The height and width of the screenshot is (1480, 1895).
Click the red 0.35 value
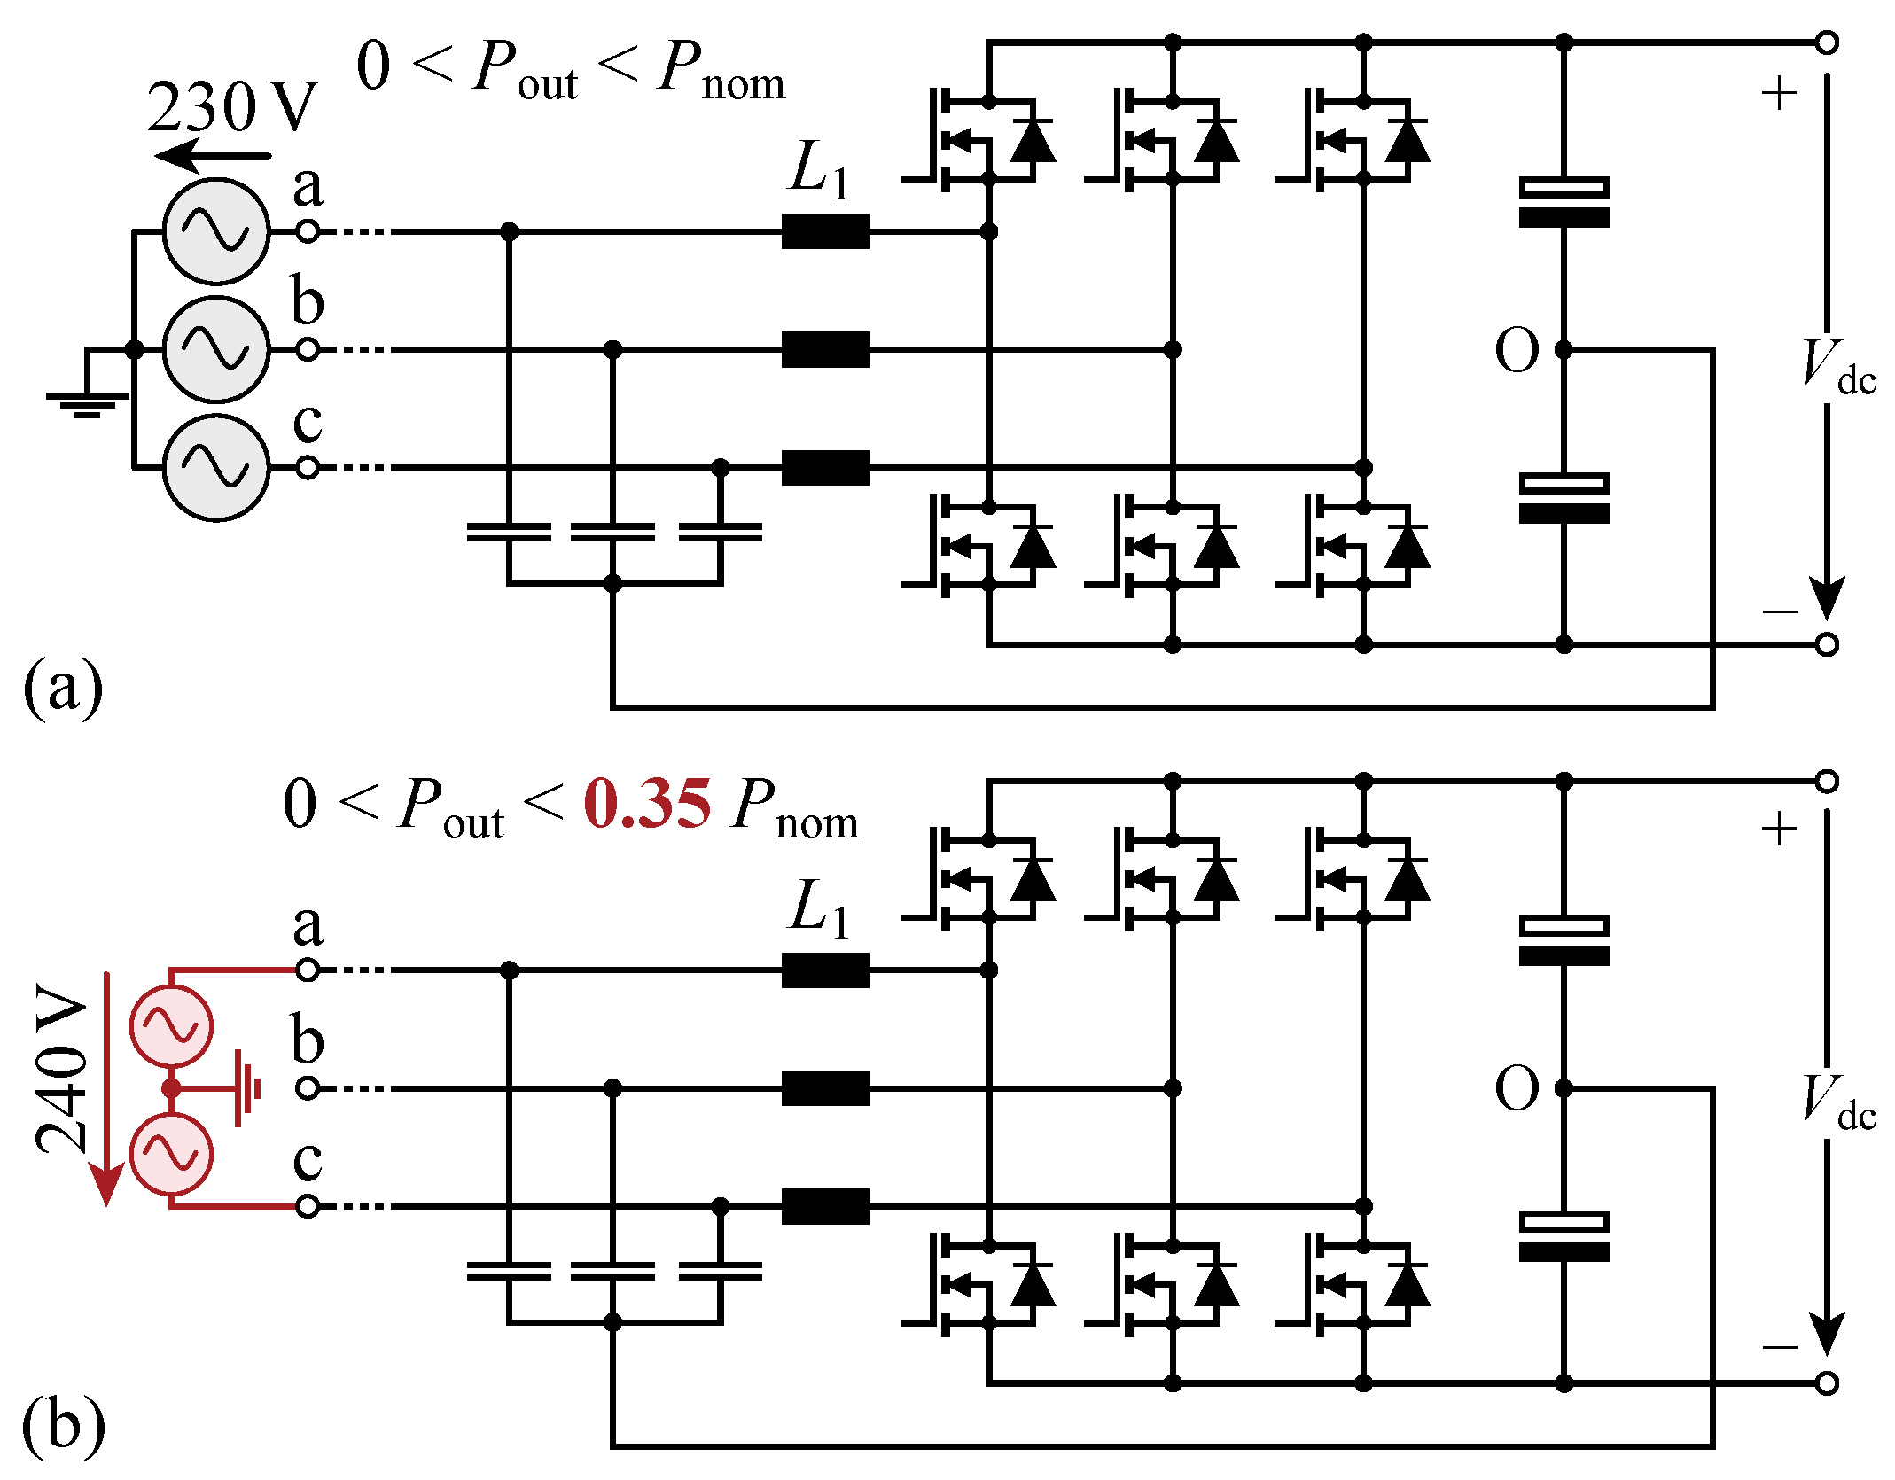(x=647, y=805)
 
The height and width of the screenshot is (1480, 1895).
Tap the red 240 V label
(x=62, y=1068)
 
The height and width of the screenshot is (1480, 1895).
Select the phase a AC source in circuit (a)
(x=216, y=231)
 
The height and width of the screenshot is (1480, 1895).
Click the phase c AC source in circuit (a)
(x=216, y=467)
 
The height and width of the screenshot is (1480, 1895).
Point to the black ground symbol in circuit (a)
(x=87, y=401)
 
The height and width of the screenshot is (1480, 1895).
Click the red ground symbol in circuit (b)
(x=248, y=1088)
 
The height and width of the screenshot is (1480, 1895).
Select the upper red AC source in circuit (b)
(x=171, y=1025)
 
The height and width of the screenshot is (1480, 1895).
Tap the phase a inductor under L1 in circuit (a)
(x=825, y=231)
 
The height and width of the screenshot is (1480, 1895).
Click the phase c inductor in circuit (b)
(x=825, y=1206)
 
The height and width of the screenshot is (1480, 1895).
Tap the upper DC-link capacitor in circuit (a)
(x=1564, y=202)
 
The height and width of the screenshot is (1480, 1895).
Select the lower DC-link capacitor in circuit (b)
(x=1564, y=1236)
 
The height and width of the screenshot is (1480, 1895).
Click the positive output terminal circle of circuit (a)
(x=1827, y=43)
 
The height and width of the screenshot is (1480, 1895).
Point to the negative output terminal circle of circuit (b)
(x=1827, y=1383)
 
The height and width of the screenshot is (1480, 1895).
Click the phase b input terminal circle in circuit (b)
(x=308, y=1088)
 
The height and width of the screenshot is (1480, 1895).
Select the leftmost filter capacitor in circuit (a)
(x=509, y=532)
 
